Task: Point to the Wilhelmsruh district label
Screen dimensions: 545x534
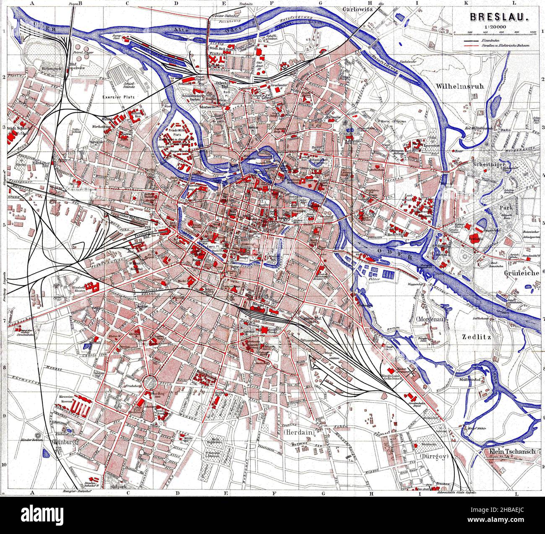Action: point(460,87)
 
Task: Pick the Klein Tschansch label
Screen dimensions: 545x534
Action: point(512,451)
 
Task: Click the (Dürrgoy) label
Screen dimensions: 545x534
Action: point(432,456)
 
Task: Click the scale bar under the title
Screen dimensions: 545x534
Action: point(496,33)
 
